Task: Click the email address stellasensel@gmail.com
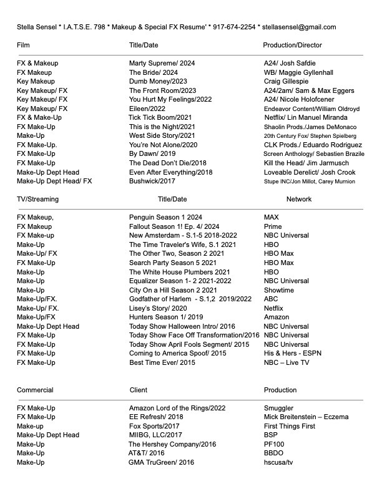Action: click(300, 27)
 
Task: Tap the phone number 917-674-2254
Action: click(232, 27)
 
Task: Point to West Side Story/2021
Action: click(162, 135)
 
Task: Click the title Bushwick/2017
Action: click(152, 181)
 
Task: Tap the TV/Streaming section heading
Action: click(37, 199)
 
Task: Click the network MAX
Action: click(271, 217)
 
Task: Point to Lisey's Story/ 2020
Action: click(158, 308)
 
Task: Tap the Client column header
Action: click(138, 390)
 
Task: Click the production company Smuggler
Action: click(278, 408)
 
